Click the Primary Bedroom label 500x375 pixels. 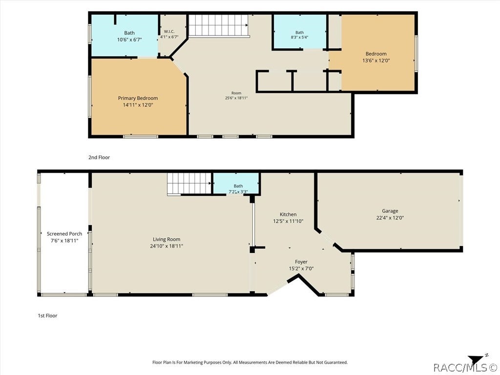pos(138,98)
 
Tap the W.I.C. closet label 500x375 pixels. pos(169,32)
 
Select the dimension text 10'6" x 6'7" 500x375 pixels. pos(129,40)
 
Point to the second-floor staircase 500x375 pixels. pos(218,26)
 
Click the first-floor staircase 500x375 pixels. pos(189,184)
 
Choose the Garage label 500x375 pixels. pos(390,211)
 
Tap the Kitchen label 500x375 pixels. pos(288,215)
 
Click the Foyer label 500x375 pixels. pos(301,262)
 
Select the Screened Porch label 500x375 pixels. pos(64,234)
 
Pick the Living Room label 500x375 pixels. pos(167,239)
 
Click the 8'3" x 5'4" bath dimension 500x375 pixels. pos(299,37)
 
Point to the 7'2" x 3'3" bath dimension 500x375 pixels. pos(238,191)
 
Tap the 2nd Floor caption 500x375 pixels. pos(99,157)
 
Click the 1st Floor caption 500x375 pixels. pos(47,316)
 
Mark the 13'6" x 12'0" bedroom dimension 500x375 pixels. pos(376,61)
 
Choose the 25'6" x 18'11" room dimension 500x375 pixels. pos(236,98)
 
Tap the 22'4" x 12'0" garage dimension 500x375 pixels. pos(390,218)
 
